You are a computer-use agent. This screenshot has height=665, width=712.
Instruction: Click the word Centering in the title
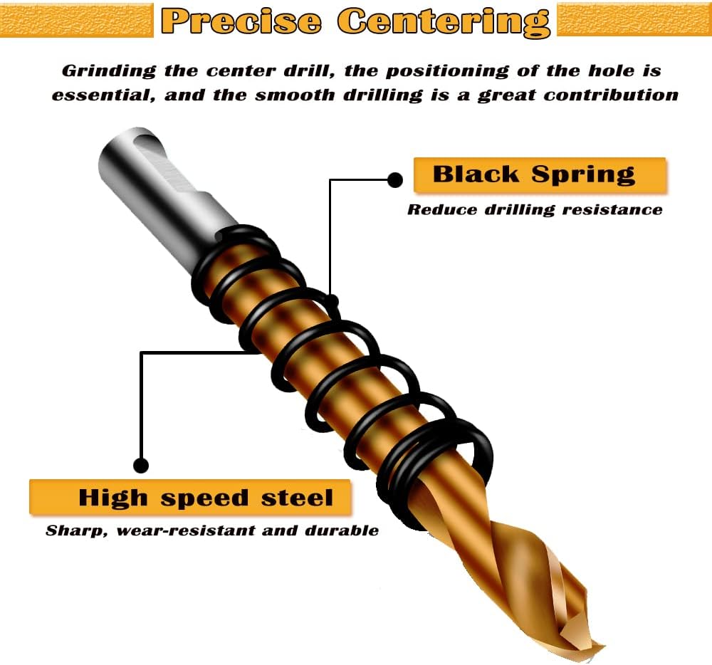point(444,21)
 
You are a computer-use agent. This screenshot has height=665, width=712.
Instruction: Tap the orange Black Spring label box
point(540,175)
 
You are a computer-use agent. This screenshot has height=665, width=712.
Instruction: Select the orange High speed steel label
point(190,497)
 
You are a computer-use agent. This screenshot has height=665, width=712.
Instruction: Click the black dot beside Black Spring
point(395,180)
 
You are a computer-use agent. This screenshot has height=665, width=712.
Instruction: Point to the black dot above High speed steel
point(141,466)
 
